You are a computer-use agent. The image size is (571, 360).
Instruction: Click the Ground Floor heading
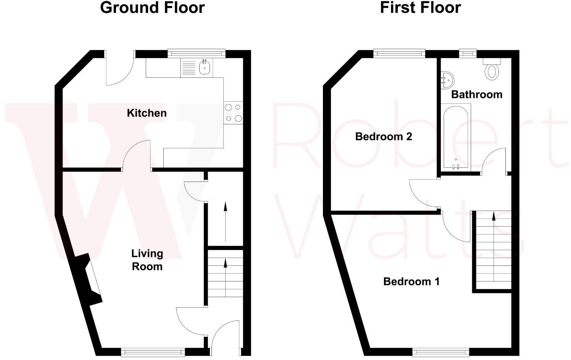152,8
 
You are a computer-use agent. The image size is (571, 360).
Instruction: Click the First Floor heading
420,8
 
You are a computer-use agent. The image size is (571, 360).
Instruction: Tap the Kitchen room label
147,113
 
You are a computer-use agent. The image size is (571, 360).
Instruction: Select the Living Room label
147,260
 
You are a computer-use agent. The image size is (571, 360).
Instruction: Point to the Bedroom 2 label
384,137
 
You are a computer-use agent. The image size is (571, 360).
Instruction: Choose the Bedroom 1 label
411,281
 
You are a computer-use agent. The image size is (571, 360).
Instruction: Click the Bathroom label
477,95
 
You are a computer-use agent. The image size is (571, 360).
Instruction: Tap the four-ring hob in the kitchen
233,113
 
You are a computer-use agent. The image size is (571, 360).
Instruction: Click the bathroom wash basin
447,80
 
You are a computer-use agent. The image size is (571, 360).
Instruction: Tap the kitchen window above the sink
196,54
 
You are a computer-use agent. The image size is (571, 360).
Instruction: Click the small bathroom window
468,54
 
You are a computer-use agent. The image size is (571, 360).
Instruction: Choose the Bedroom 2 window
399,54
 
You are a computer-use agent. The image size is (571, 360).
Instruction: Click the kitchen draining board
189,68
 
